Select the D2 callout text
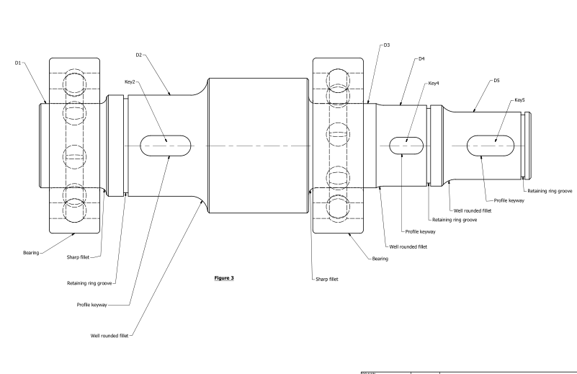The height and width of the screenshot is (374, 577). tap(140, 54)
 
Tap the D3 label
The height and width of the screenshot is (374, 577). tap(387, 45)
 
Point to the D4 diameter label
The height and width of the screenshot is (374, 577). tap(421, 59)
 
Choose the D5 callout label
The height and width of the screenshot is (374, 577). tap(496, 81)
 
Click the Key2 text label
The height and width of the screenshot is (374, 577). tap(130, 82)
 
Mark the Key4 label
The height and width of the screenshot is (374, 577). tap(434, 84)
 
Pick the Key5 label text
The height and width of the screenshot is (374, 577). tap(521, 99)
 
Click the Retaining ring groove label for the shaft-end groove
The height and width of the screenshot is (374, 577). tap(550, 191)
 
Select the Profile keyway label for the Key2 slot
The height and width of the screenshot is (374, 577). tap(91, 305)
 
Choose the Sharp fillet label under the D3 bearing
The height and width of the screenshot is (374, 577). tap(331, 280)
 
